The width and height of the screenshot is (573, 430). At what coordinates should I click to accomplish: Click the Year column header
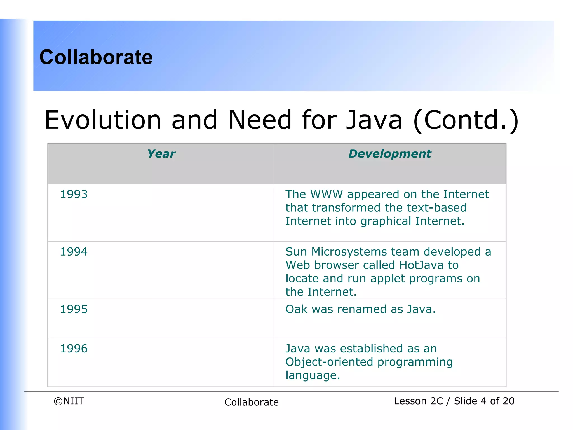161,154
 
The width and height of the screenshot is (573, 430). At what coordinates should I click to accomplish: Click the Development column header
390,154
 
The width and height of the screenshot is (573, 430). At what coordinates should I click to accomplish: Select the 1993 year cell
74,194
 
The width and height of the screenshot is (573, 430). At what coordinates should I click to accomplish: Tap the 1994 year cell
74,252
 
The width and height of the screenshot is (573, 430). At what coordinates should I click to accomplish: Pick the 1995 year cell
74,309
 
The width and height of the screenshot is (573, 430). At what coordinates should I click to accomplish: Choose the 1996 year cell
74,349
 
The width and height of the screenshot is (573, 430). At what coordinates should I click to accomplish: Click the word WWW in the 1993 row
327,194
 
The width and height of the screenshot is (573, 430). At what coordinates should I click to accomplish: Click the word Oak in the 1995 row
296,309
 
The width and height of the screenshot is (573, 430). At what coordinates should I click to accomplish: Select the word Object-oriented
329,362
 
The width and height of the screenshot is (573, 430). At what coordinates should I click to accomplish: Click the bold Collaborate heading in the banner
96,57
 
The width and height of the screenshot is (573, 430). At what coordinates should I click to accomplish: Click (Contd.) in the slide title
466,120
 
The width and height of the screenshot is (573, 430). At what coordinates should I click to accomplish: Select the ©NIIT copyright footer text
69,401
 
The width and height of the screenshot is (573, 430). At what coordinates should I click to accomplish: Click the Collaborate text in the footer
252,402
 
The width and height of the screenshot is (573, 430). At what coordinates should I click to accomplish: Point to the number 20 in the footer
508,401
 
